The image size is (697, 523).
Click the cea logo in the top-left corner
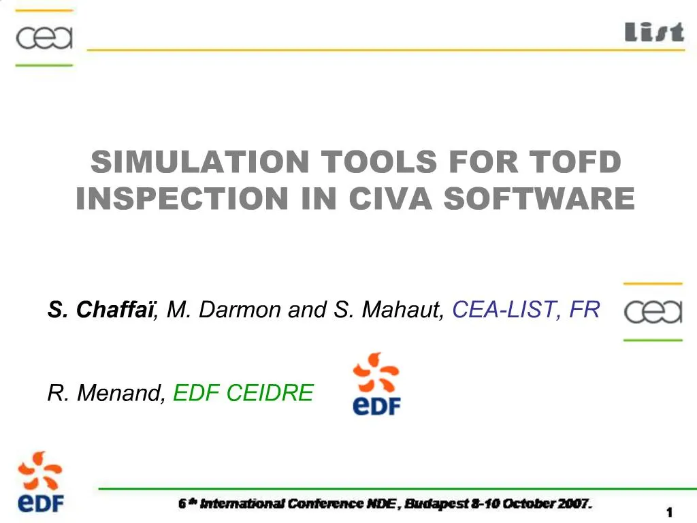(44, 37)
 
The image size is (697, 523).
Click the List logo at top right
(654, 31)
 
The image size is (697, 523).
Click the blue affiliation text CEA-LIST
(506, 310)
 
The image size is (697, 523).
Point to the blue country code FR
(585, 310)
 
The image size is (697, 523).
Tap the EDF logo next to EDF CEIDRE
(376, 384)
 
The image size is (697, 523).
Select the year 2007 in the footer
(574, 504)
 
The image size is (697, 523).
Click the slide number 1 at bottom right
(670, 511)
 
